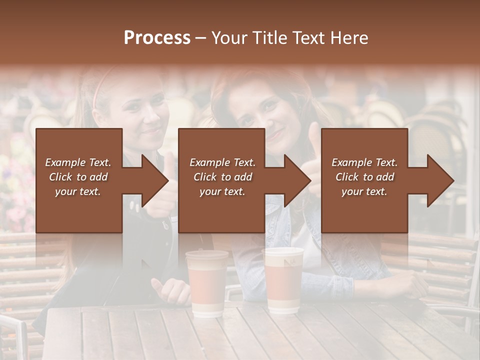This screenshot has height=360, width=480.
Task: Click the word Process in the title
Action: [157, 38]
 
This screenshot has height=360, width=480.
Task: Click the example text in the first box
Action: [78, 177]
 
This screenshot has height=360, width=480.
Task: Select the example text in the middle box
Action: [222, 177]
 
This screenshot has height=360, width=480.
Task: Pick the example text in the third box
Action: [364, 177]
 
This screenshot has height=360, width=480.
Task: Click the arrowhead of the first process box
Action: [155, 180]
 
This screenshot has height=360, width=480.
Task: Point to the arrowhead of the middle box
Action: [297, 180]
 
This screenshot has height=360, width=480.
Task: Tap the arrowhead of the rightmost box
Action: [440, 180]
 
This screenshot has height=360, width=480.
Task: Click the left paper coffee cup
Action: [206, 285]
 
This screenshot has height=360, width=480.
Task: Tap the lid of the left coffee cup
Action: [207, 255]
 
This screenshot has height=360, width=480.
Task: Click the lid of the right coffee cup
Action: [283, 251]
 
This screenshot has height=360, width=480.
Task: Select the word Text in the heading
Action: [310, 38]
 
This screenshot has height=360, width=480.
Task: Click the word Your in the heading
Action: [229, 38]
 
